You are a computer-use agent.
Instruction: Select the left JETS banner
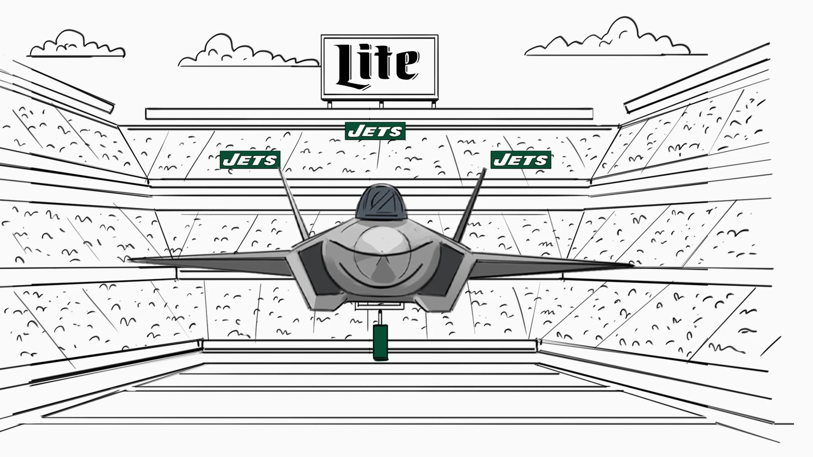coord(250,160)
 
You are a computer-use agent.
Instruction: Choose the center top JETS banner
coord(375,131)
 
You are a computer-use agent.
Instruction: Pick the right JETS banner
coord(521,160)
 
